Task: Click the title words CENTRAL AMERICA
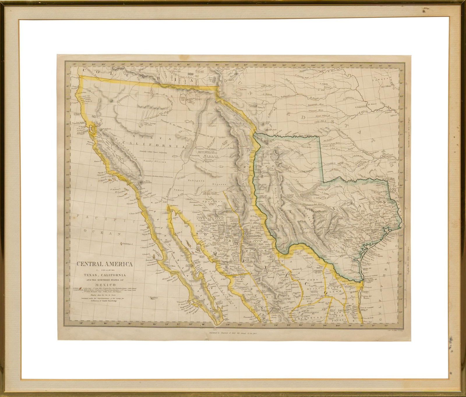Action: [105, 264]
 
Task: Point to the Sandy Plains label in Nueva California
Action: [155, 161]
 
